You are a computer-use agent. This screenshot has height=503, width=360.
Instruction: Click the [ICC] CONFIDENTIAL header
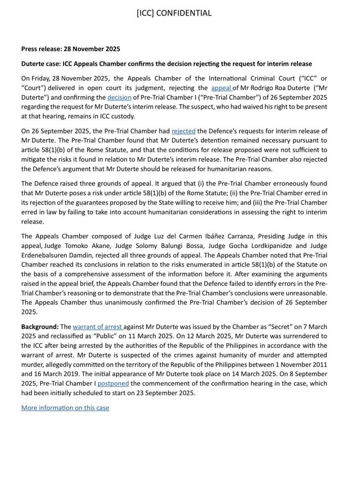coord(174,13)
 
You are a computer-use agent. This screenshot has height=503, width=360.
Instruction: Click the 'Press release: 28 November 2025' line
coord(70,49)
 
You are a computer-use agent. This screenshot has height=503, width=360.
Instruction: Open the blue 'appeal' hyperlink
coord(221,88)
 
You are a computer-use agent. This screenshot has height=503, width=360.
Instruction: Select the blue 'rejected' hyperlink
coord(184,131)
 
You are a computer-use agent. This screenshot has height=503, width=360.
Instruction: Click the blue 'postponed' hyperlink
coord(113,384)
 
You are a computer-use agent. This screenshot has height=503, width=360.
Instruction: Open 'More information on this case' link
coord(65,407)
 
